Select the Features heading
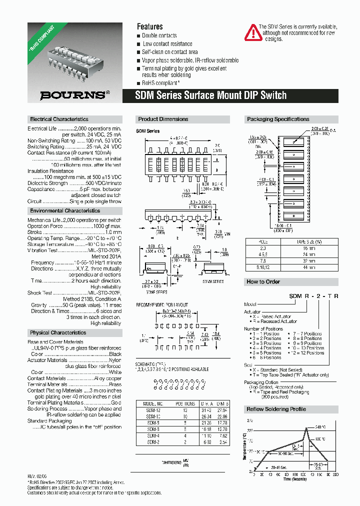click(x=149, y=26)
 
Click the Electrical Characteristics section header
click(x=59, y=119)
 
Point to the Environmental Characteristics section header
click(x=65, y=211)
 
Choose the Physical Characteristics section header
click(x=58, y=332)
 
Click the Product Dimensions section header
click(x=163, y=119)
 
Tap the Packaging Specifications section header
click(x=278, y=119)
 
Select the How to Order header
click(x=263, y=282)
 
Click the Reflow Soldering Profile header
click(x=276, y=409)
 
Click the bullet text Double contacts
click(x=159, y=35)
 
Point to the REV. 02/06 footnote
click(x=37, y=477)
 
